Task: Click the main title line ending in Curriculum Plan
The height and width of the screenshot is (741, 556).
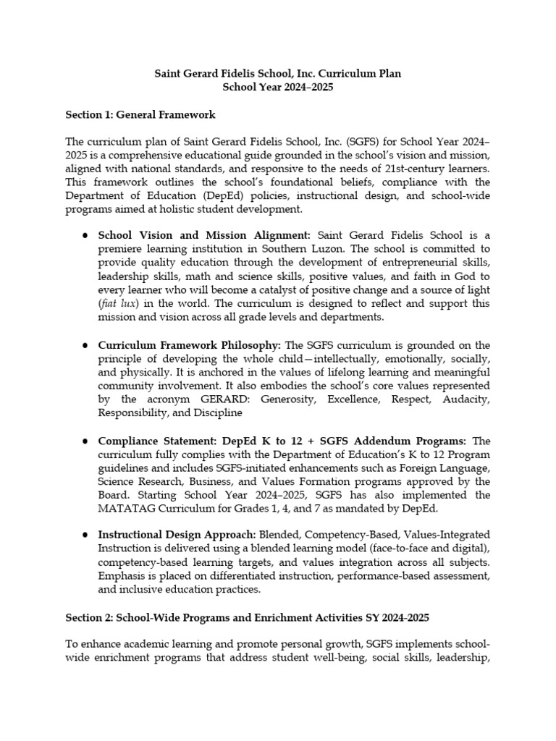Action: coord(278,74)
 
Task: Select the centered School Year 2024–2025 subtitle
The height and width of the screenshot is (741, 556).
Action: coord(278,87)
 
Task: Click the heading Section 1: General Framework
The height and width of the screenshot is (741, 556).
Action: coord(140,114)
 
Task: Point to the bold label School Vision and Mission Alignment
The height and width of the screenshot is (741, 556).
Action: coord(204,235)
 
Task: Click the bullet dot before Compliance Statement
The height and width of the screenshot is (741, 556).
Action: coord(85,441)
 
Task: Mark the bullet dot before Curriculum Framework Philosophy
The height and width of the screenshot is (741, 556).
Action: coord(85,345)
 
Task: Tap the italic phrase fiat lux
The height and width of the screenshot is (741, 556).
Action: coord(119,302)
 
